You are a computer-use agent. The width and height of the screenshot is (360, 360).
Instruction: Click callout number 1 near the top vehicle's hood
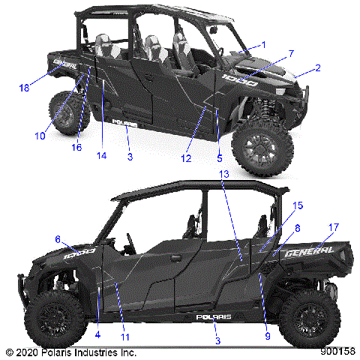coord(263,45)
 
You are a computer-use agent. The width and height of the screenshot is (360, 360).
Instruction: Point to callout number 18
coord(25,88)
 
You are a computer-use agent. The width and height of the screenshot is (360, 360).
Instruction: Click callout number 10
coord(40,136)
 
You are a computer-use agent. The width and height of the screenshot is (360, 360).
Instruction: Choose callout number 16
coord(76,148)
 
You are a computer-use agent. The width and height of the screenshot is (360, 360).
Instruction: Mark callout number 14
coord(101,156)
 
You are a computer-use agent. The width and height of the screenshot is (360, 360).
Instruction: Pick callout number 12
coord(186,158)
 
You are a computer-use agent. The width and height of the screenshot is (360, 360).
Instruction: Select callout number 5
coord(220,158)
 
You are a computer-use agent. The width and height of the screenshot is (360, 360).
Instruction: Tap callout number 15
coord(277,205)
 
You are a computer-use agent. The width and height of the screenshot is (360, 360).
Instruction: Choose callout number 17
coord(334,226)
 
